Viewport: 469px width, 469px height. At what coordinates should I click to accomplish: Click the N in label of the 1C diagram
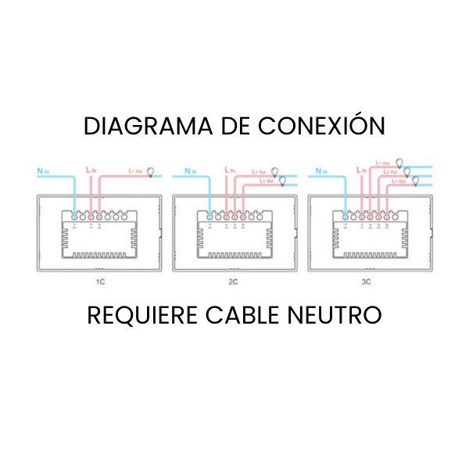coord(42,170)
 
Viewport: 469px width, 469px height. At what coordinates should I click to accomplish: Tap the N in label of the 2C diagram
coord(188,170)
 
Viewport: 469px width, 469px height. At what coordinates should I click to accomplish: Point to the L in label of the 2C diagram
coord(229,170)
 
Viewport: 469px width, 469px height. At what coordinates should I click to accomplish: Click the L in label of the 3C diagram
coord(361,170)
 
